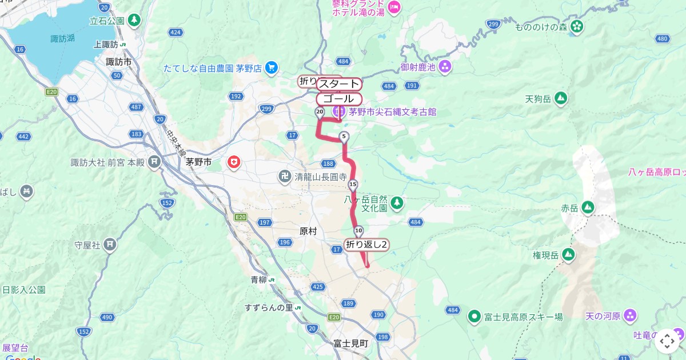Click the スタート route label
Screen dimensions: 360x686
339,84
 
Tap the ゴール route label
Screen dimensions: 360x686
339,98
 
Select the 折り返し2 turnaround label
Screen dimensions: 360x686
367,245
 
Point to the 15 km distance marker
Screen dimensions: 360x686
353,184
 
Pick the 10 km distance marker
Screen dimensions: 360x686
358,231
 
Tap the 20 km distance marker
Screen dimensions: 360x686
320,112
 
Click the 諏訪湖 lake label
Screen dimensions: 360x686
63,39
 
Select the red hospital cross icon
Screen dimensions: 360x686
233,163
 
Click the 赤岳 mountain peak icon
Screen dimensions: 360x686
588,207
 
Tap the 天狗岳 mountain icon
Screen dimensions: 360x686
561,98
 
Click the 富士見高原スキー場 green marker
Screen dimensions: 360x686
473,315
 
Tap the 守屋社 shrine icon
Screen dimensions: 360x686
110,245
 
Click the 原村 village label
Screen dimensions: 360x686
308,231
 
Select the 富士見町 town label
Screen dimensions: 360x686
351,343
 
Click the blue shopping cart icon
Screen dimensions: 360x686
271,67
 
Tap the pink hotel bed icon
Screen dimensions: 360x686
394,7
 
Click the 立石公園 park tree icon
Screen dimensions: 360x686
134,21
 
